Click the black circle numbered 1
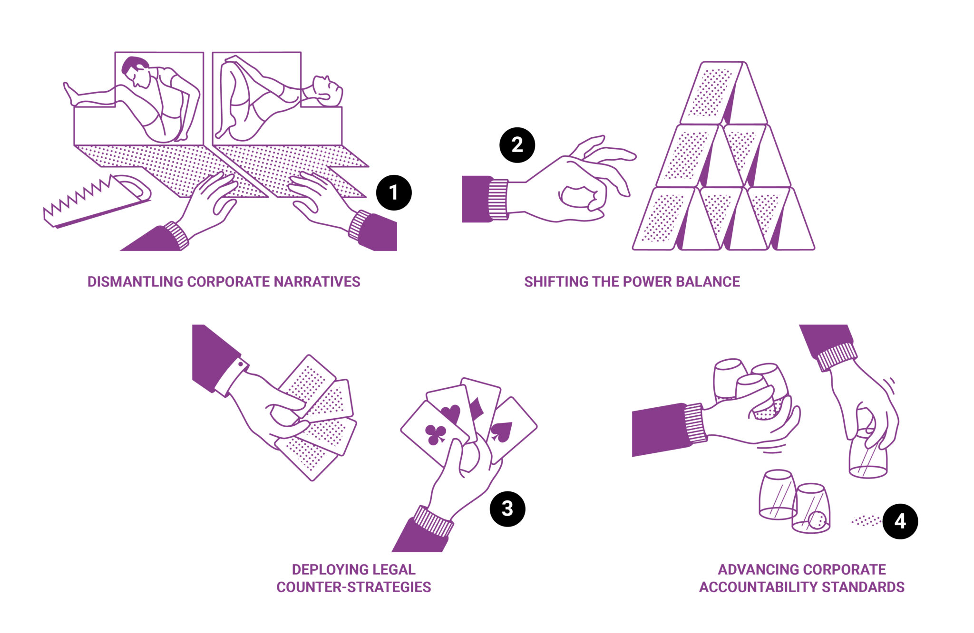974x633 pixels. tap(394, 192)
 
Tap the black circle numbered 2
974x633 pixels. tap(517, 145)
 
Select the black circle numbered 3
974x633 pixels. tap(507, 509)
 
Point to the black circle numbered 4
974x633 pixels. tap(900, 521)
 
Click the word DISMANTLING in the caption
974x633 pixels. tap(136, 282)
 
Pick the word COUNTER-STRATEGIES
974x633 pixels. tap(354, 587)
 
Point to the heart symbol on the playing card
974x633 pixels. tap(451, 412)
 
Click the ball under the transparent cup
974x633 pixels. tap(817, 520)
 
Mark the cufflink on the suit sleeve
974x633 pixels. tap(242, 365)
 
